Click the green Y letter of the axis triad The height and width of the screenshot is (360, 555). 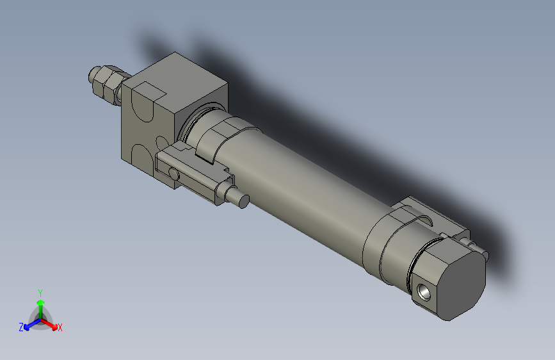pyautogui.click(x=40, y=293)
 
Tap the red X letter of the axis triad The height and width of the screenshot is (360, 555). pyautogui.click(x=60, y=328)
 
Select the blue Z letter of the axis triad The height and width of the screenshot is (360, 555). pyautogui.click(x=21, y=327)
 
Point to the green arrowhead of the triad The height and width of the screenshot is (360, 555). pyautogui.click(x=40, y=302)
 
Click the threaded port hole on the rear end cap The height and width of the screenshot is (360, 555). pyautogui.click(x=424, y=290)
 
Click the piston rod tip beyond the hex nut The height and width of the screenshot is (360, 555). pyautogui.click(x=90, y=75)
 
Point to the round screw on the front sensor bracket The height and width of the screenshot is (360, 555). pyautogui.click(x=173, y=174)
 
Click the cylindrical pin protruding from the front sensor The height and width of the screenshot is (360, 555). pyautogui.click(x=242, y=200)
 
